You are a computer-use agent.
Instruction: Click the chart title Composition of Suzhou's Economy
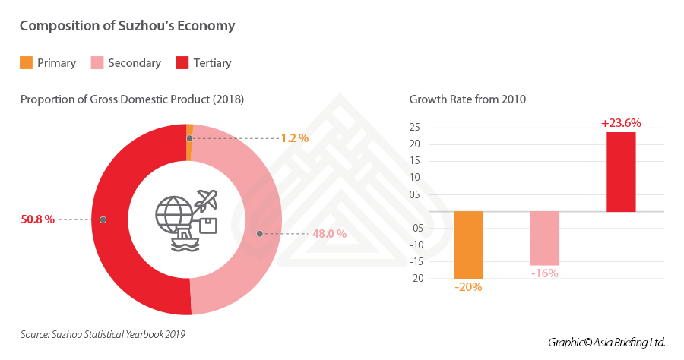click(x=127, y=26)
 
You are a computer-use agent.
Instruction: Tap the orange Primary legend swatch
click(x=26, y=63)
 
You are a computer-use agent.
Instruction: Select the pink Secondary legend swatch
click(x=97, y=63)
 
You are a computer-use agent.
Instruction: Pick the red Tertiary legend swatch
click(x=181, y=63)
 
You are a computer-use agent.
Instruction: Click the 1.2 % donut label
click(x=294, y=138)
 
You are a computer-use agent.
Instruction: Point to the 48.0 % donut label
click(x=329, y=234)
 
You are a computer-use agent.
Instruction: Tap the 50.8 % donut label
click(x=38, y=219)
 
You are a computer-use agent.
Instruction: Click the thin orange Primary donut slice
click(x=189, y=131)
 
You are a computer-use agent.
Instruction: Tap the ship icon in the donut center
click(x=186, y=242)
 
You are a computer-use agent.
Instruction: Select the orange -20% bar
click(x=468, y=245)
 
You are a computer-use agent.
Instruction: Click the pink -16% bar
click(x=545, y=238)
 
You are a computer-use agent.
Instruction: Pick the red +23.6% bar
click(x=621, y=172)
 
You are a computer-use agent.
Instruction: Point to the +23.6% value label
click(x=621, y=123)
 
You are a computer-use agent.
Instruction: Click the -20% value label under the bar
click(x=468, y=287)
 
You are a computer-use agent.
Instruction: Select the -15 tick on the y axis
click(x=414, y=261)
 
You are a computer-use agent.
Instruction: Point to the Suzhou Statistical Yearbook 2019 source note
click(x=103, y=334)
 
